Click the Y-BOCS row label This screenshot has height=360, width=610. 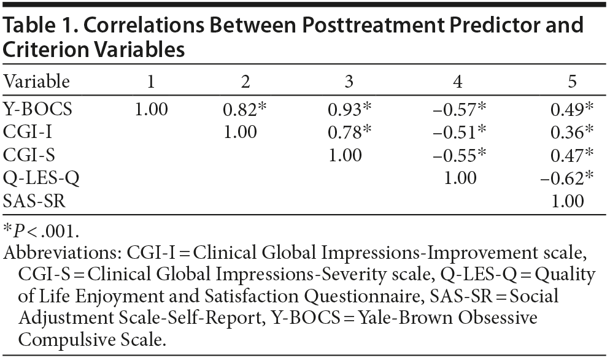pyautogui.click(x=38, y=109)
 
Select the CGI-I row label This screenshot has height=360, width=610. pyautogui.click(x=28, y=132)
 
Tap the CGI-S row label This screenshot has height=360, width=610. pyautogui.click(x=28, y=155)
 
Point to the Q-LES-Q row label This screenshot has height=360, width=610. pyautogui.click(x=41, y=178)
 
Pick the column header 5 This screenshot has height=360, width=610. pyautogui.click(x=572, y=82)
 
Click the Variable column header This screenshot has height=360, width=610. pyautogui.click(x=37, y=82)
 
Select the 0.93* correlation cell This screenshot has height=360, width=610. pyautogui.click(x=349, y=109)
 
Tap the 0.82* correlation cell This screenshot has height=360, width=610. pyautogui.click(x=244, y=109)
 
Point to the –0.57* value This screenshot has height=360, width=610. pyautogui.click(x=460, y=109)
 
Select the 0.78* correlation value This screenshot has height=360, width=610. pyautogui.click(x=349, y=132)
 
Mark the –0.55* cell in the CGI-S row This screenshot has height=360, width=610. pyautogui.click(x=460, y=155)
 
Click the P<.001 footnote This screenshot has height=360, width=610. pyautogui.click(x=42, y=231)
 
